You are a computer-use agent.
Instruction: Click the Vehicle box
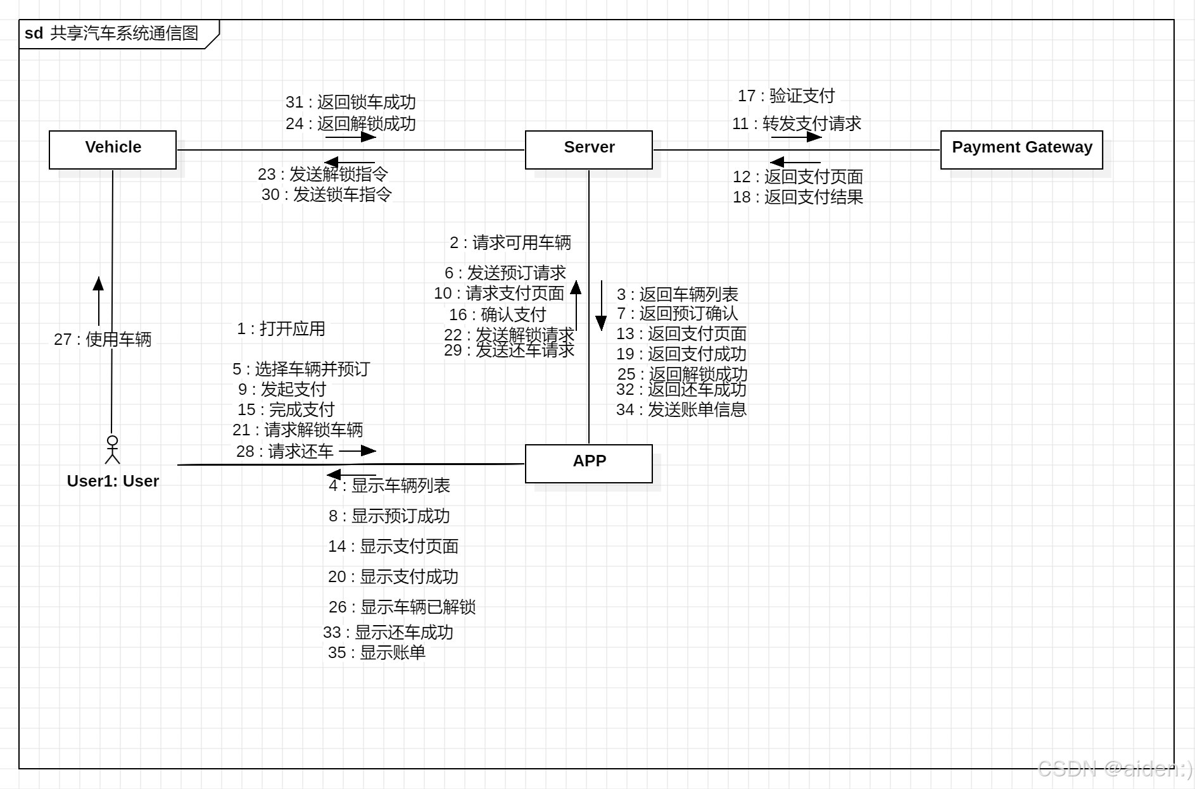point(113,149)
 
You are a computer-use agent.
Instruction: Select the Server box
point(588,149)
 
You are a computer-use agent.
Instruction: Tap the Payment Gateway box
point(1021,149)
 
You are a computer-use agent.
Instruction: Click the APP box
point(588,463)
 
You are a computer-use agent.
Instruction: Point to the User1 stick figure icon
point(113,449)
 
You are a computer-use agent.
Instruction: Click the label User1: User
point(113,481)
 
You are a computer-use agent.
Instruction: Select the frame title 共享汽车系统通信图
point(124,33)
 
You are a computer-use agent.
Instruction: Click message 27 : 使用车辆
point(103,339)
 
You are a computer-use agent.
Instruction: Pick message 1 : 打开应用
point(281,328)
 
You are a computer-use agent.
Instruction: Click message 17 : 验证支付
point(786,96)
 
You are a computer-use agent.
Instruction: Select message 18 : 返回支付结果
point(798,197)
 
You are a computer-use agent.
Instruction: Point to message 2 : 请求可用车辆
point(510,242)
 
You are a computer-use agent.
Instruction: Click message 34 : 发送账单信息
point(681,409)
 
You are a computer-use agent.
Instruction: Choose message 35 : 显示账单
point(377,652)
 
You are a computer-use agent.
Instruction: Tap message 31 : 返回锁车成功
point(351,102)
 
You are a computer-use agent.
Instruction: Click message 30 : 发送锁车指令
point(327,194)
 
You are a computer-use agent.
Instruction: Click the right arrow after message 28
point(358,450)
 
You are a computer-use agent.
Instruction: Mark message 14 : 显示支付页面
point(393,546)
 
